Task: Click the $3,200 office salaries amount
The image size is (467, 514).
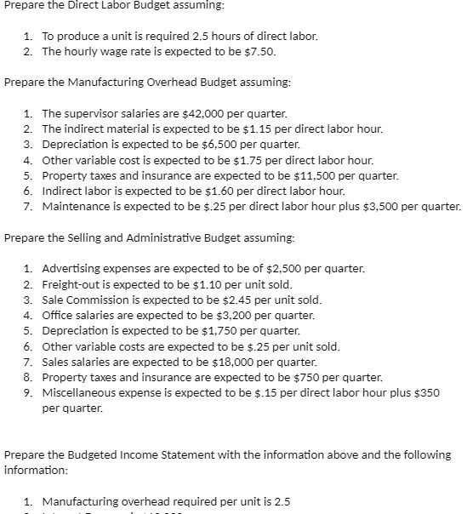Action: click(x=219, y=315)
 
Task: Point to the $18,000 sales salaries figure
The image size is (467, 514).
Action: click(x=224, y=361)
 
